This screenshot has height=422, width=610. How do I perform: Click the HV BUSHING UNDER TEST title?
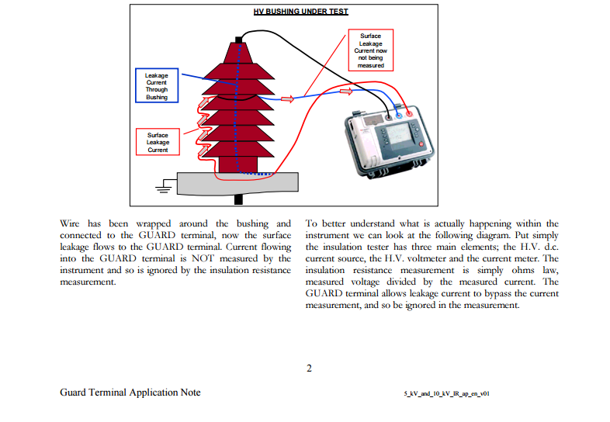tap(300, 12)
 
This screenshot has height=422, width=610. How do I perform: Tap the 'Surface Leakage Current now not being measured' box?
tap(370, 50)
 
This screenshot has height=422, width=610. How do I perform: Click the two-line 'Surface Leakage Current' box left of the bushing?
tap(158, 142)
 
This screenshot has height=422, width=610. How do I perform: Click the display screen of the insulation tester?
tap(398, 137)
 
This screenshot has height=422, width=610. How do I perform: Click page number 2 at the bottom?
tap(309, 368)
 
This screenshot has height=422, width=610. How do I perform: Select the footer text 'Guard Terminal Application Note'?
tap(130, 393)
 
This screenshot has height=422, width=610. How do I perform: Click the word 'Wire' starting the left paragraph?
tap(70, 223)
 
